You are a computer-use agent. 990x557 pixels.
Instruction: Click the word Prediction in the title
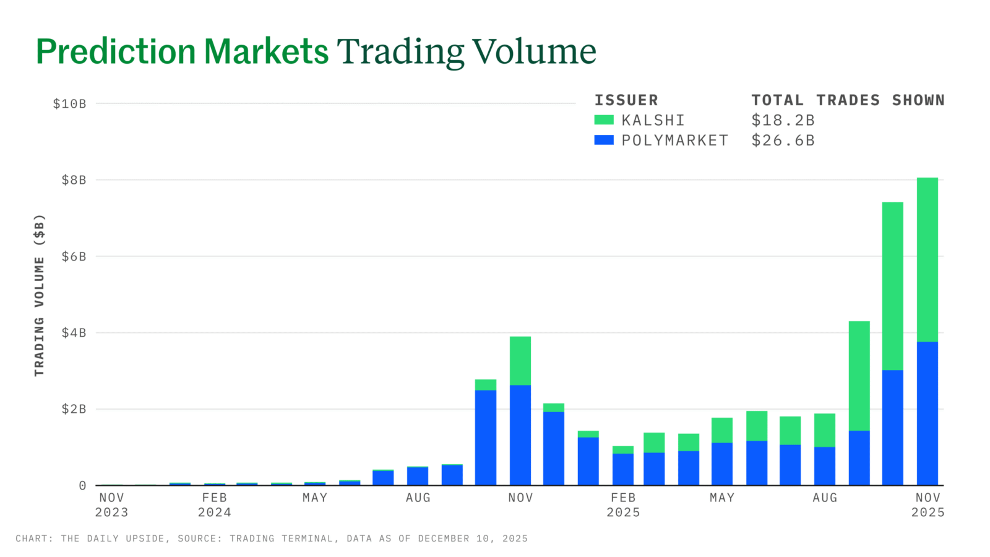pos(116,51)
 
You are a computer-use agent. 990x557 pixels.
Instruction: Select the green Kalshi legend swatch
pos(603,120)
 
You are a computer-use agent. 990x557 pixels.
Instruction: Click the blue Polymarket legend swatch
pos(603,140)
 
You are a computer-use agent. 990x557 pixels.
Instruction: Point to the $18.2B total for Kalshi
pos(783,120)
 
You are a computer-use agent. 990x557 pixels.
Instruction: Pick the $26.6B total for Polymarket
pos(783,140)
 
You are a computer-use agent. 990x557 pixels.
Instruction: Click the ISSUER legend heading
pos(626,100)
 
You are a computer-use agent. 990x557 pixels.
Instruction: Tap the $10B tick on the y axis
pos(69,104)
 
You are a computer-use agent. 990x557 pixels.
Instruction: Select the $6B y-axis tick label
pos(74,257)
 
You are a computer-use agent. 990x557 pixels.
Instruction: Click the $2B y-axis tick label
pos(74,409)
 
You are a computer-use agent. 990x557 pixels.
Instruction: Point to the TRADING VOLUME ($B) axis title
pos(40,295)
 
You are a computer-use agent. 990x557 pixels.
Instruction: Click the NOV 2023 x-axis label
pos(112,505)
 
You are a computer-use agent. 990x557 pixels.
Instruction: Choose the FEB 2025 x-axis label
pos(623,505)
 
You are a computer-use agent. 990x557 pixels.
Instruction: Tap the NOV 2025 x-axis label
pos(928,505)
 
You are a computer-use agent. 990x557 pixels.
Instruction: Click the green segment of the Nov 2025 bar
pos(927,260)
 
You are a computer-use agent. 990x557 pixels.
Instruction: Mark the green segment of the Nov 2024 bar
pos(520,361)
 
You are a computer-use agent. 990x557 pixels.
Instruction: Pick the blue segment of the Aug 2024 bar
pos(418,476)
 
